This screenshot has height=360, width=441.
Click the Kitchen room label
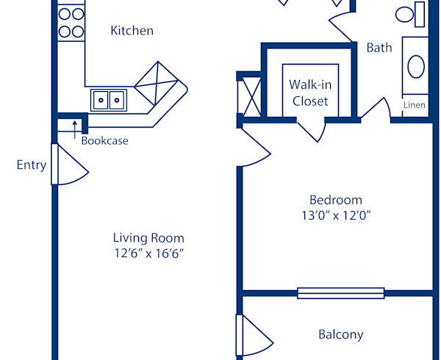coord(132,31)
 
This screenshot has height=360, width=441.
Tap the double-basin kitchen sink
coord(108,99)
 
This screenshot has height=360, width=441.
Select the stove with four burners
coord(71,22)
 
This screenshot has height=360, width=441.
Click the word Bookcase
coord(104,140)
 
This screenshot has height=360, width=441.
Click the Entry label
coord(32,165)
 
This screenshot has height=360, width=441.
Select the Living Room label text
coord(148,238)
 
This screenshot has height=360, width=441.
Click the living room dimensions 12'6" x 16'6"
coord(148,253)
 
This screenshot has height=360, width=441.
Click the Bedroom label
coord(336,200)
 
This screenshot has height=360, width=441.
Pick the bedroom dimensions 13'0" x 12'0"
coord(336,215)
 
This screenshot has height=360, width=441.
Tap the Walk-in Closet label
coord(309,93)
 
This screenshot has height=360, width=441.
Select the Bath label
coord(379,48)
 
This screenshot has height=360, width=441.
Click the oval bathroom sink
coord(416,67)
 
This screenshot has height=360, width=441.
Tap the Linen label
coord(415,105)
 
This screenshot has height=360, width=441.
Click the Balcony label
coord(340,334)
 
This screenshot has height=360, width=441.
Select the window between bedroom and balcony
coord(341,292)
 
